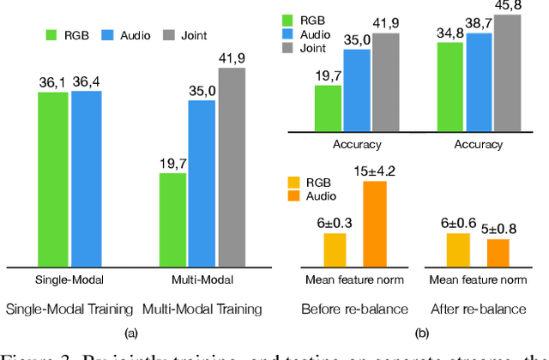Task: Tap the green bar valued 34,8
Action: tap(451, 87)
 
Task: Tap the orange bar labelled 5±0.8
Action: tap(498, 254)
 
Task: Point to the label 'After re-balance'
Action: tap(477, 308)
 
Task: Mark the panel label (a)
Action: tap(130, 333)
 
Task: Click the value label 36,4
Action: tap(86, 81)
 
